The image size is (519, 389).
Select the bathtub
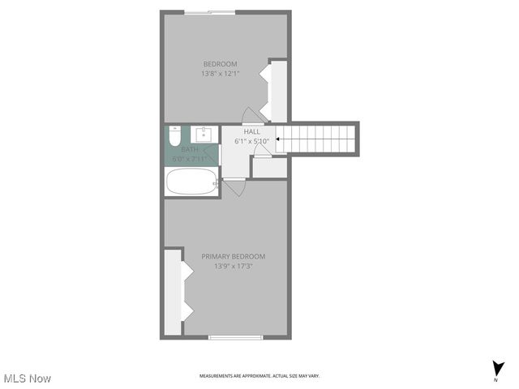coord(191,182)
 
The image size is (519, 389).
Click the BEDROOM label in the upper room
coord(220,64)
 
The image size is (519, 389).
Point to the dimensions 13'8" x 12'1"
coord(220,74)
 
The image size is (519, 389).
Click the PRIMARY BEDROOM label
coord(233,256)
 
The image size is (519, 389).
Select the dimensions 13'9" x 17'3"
coord(233,266)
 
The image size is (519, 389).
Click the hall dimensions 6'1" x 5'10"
coord(251,140)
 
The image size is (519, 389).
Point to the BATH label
coord(190,149)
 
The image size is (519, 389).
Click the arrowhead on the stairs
coord(278,139)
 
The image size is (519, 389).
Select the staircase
coord(318,139)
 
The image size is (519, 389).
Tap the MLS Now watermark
coord(28,378)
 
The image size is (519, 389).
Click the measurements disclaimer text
coord(259,376)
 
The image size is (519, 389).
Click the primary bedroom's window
coord(234,336)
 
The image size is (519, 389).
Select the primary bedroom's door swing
coord(235,187)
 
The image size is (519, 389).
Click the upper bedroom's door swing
coord(252,116)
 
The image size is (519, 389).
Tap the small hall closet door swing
coord(260,151)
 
